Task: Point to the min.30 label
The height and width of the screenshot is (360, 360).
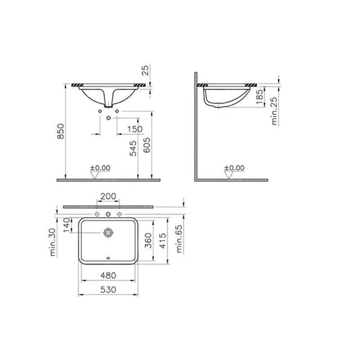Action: point(54,240)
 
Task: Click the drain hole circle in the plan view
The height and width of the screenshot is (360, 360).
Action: point(109,232)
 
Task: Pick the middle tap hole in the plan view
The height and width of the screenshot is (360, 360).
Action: point(109,215)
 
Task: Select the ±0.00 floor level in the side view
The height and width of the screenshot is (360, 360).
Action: point(234,167)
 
